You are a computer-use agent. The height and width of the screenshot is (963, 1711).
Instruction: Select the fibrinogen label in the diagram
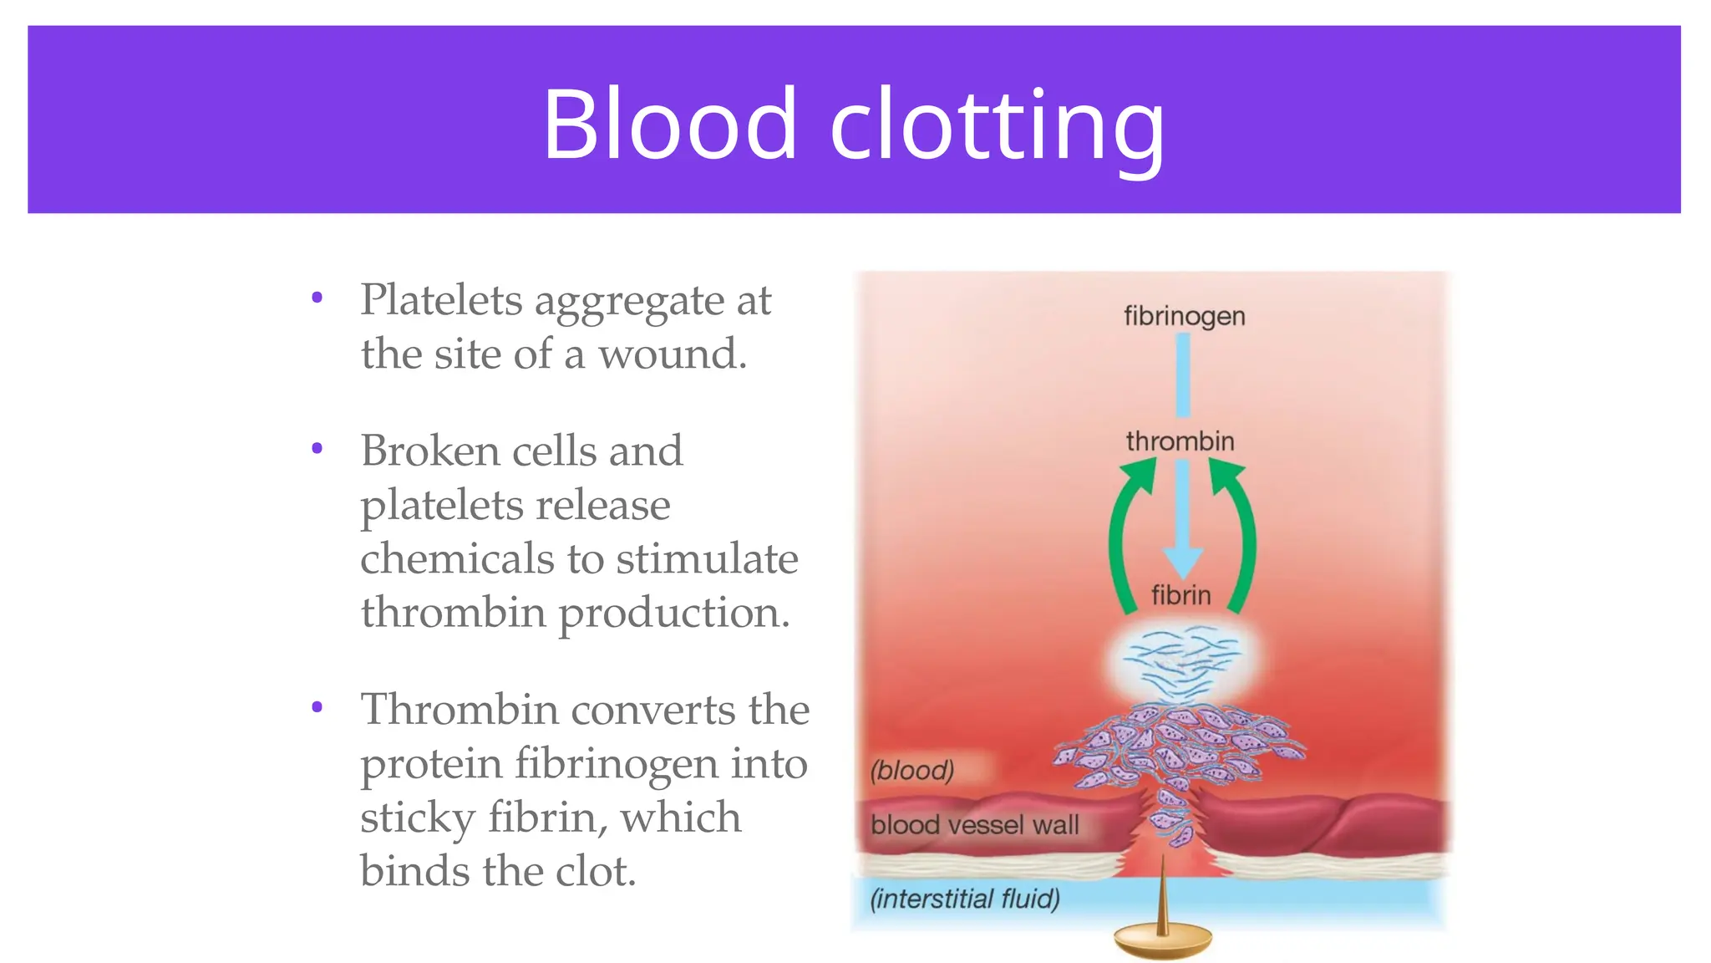coord(1184,316)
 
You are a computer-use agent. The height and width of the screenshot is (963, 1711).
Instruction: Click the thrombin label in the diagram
coord(1180,441)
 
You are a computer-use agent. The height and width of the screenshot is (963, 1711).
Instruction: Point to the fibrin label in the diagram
coord(1180,595)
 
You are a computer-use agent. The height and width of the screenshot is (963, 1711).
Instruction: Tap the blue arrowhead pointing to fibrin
coord(1183,560)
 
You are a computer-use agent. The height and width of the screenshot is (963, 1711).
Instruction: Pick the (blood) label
coord(911,769)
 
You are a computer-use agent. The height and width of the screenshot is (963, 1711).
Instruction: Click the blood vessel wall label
coord(975,825)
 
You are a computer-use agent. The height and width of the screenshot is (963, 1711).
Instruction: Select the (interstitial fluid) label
coord(965,899)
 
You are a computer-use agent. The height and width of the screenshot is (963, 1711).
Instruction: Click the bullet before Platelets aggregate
coord(317,298)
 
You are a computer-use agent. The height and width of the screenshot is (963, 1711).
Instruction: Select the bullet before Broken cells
coord(317,449)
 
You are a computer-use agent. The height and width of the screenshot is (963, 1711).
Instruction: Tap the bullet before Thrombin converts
coord(317,707)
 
